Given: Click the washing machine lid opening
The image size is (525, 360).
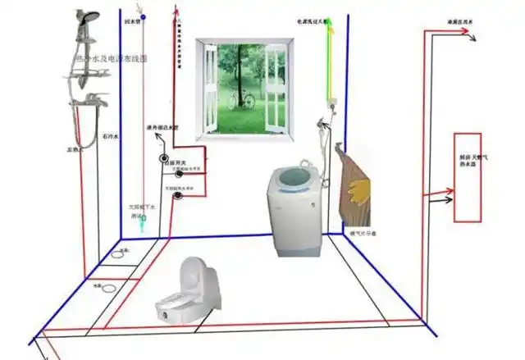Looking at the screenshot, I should [x=292, y=175].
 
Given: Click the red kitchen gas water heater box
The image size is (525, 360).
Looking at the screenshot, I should [x=467, y=176].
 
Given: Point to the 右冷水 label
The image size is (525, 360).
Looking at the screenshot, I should [x=110, y=134].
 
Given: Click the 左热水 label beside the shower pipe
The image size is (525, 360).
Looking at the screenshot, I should [x=75, y=151].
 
